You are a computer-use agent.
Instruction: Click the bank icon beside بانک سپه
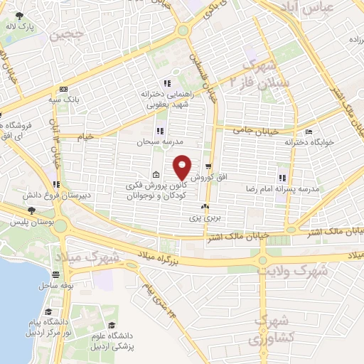tap(64, 90)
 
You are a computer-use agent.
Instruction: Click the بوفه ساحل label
tap(55, 285)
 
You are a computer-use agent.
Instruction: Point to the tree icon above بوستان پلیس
tap(31, 210)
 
